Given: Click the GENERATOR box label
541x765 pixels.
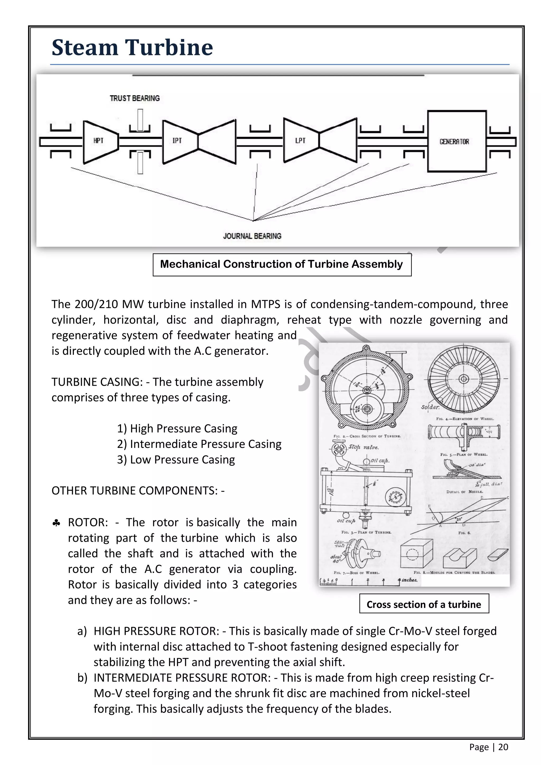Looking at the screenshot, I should [x=454, y=142].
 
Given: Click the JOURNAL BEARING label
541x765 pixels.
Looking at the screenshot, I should [x=252, y=236].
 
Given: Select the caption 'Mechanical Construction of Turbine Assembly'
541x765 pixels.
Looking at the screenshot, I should [x=282, y=264].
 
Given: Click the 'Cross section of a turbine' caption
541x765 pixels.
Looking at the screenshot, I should [x=424, y=604].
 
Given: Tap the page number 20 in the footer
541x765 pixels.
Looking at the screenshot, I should [x=503, y=747].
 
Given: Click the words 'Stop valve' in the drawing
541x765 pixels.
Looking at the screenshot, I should [x=363, y=447].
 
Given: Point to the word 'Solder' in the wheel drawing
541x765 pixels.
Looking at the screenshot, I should [x=430, y=407].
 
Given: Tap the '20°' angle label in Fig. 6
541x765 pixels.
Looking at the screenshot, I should [x=459, y=519].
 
